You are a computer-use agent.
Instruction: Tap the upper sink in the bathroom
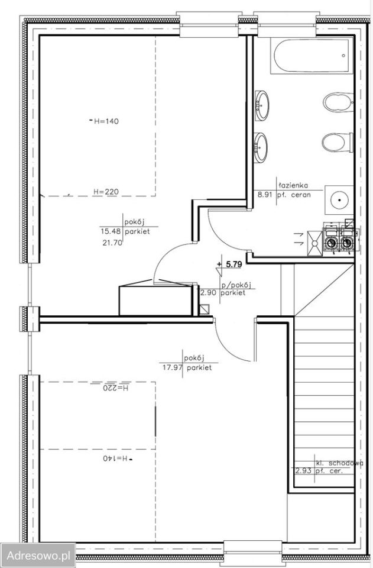click(x=262, y=105)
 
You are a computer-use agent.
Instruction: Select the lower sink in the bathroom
click(x=262, y=147)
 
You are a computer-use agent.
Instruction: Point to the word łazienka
click(x=293, y=185)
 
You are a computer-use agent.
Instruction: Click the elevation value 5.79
click(x=233, y=264)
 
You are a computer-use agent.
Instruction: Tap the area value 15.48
click(x=111, y=231)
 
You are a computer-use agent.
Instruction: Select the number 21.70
click(x=112, y=243)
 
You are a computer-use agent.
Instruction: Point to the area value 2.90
click(x=209, y=293)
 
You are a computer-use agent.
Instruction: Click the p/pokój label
click(x=236, y=285)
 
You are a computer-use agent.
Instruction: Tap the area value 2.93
click(x=304, y=472)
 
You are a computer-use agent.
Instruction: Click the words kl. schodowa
click(x=339, y=463)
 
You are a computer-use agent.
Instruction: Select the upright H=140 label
click(x=106, y=121)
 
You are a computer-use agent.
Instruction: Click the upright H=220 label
click(x=106, y=192)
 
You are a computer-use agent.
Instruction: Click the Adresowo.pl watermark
click(x=38, y=556)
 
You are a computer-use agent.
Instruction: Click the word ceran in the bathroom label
click(x=301, y=195)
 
